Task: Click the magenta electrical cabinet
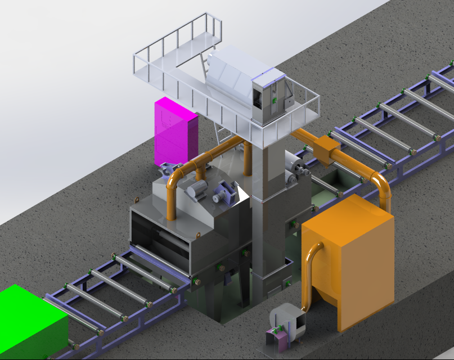[x=175, y=133]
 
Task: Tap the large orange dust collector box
[x=349, y=259]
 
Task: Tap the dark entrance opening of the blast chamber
[x=160, y=236]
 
